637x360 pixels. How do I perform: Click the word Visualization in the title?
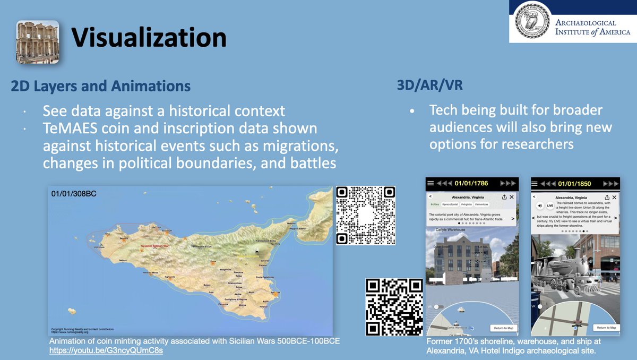coord(149,38)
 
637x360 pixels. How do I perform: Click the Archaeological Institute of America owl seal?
coord(531,22)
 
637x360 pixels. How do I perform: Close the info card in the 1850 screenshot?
coord(616,196)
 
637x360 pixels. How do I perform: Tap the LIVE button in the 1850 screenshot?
coord(550,205)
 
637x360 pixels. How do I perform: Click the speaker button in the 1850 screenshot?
coord(540,205)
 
